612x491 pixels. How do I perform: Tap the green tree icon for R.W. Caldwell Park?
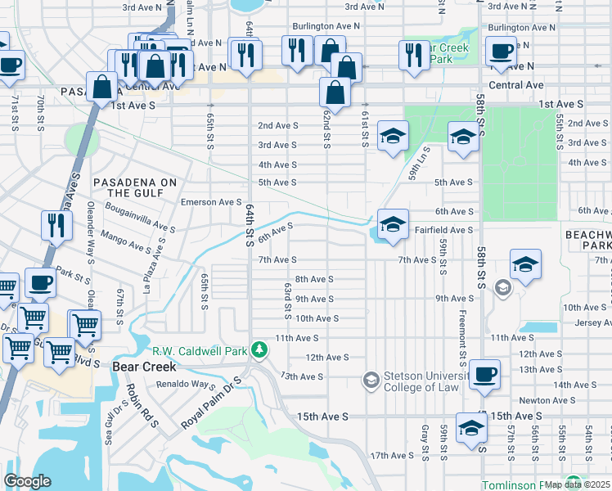coord(259,350)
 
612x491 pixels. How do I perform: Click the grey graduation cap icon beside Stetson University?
coord(371,379)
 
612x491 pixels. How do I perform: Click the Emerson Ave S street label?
coord(211,202)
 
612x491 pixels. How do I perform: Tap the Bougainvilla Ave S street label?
coord(140,220)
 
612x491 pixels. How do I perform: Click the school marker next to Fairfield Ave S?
coord(393,225)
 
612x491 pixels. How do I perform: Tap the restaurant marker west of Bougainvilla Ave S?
coord(56,225)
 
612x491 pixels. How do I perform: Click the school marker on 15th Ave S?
coord(470,428)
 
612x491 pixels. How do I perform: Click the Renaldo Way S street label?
coord(185,384)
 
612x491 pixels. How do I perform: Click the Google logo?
coord(27,481)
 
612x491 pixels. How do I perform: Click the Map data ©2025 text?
coord(578,484)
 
